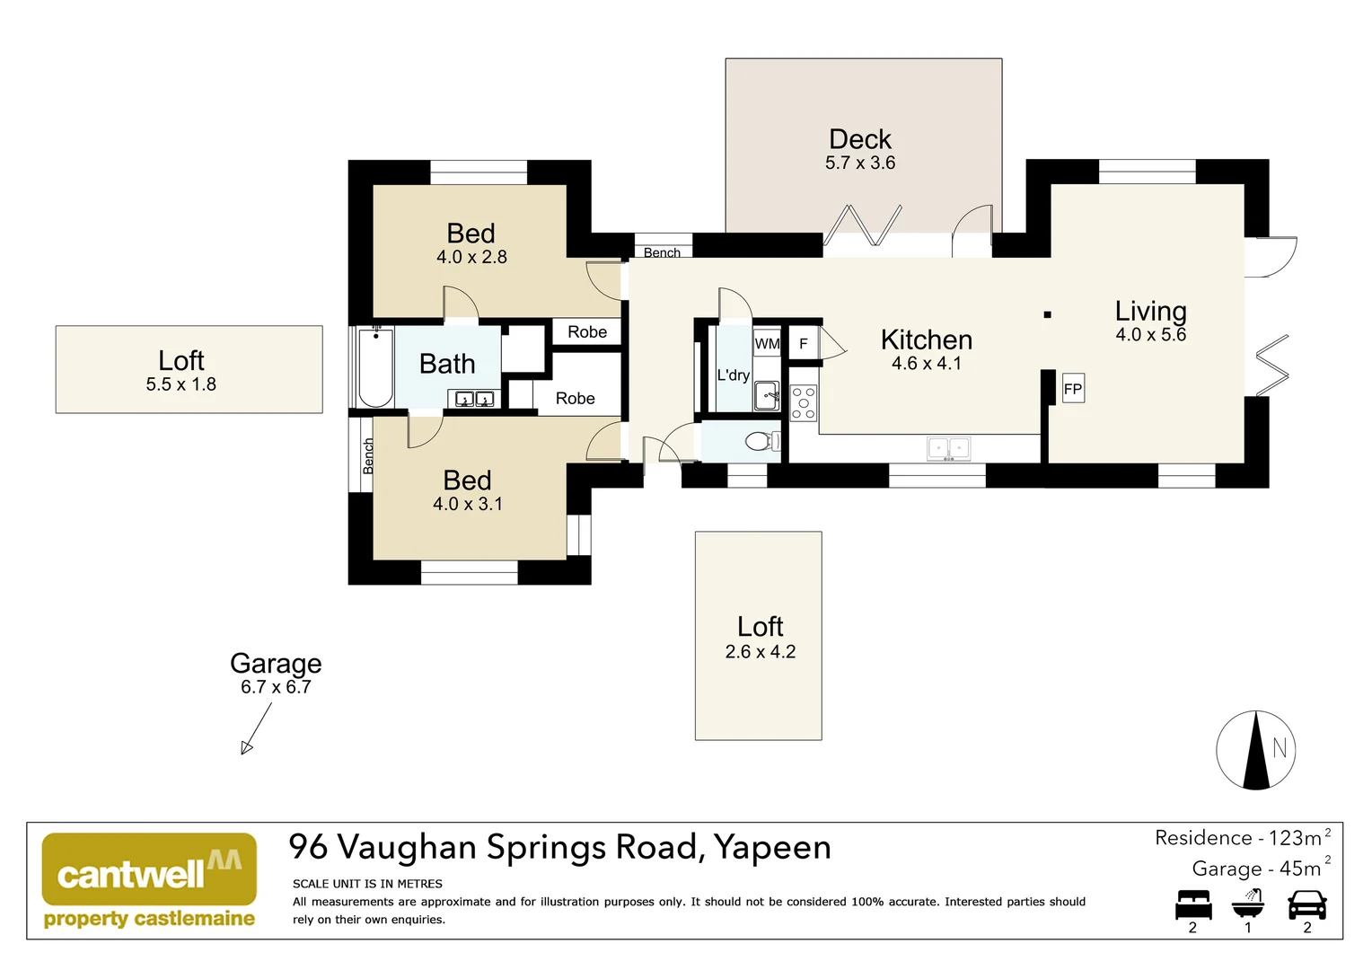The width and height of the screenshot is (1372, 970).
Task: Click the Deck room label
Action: [860, 140]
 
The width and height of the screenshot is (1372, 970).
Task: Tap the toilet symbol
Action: [762, 441]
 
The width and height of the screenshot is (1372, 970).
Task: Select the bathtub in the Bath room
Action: [375, 367]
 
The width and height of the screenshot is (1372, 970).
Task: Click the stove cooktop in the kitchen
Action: [804, 402]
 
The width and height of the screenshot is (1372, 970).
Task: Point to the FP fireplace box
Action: [1073, 388]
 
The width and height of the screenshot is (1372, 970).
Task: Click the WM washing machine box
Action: [767, 343]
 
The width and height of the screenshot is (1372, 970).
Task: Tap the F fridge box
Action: [803, 344]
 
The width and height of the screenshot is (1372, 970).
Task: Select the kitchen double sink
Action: [948, 448]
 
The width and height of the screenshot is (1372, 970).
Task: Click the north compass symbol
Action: [1255, 750]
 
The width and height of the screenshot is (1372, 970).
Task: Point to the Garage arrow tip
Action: [242, 753]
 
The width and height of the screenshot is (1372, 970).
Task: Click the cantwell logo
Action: [149, 879]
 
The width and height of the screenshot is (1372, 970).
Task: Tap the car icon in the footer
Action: [1307, 904]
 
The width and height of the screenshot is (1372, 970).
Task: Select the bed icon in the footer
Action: [1193, 904]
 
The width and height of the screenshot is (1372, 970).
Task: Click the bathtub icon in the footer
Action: [1248, 904]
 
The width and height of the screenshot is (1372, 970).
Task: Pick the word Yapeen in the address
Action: [772, 849]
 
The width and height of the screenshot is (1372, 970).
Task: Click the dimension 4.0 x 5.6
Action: [1151, 335]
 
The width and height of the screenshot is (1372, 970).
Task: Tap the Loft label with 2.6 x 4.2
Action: [761, 627]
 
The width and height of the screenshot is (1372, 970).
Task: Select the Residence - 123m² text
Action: [1243, 838]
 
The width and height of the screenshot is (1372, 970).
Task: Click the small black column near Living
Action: [1047, 315]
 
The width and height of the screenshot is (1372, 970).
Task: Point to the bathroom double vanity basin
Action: [474, 399]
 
